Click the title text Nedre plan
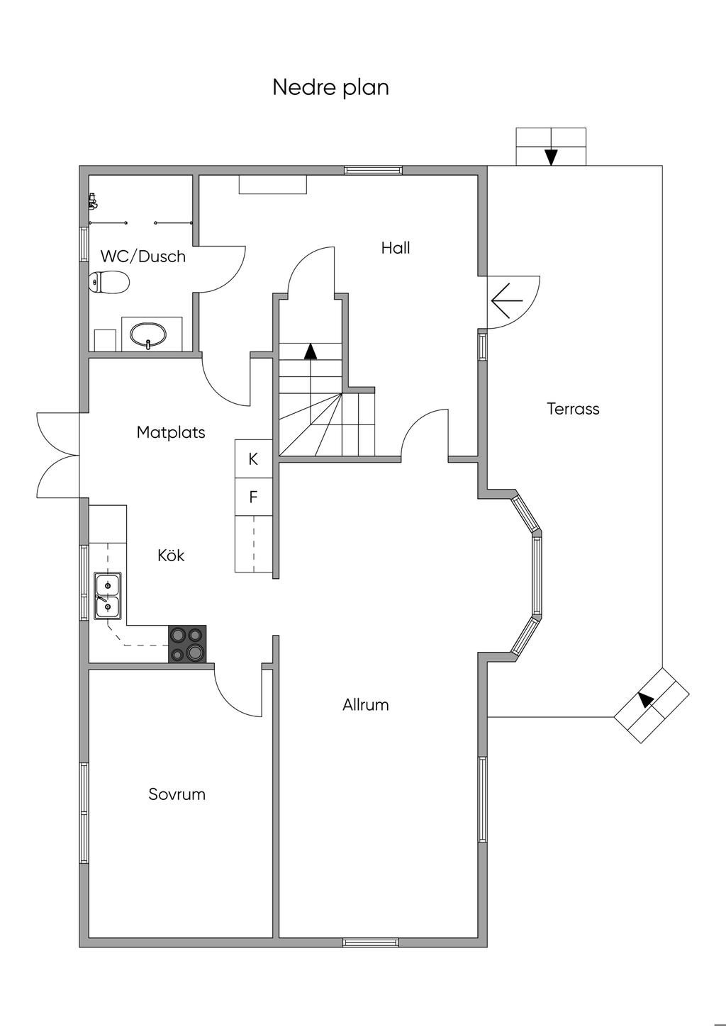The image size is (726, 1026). pyautogui.click(x=330, y=87)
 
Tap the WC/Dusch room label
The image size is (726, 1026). pyautogui.click(x=143, y=256)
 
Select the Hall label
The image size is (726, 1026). pyautogui.click(x=396, y=248)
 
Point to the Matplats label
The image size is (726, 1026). pyautogui.click(x=171, y=432)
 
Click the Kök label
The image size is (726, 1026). pyautogui.click(x=171, y=556)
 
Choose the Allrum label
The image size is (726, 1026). pyautogui.click(x=366, y=705)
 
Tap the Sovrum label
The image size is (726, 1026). pyautogui.click(x=177, y=794)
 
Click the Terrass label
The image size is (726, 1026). pyautogui.click(x=573, y=409)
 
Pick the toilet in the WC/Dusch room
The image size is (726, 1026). pyautogui.click(x=109, y=283)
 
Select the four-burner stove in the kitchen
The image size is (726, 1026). pyautogui.click(x=187, y=644)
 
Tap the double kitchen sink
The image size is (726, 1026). pyautogui.click(x=107, y=596)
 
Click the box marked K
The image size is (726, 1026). pyautogui.click(x=253, y=459)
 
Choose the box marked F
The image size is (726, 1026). pyautogui.click(x=253, y=497)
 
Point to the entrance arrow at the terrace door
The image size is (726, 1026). pyautogui.click(x=507, y=300)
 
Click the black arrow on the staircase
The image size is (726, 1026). pyautogui.click(x=310, y=351)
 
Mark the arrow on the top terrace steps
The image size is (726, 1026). pyautogui.click(x=551, y=157)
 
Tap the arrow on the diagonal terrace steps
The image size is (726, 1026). pyautogui.click(x=645, y=699)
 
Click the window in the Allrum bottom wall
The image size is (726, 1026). pyautogui.click(x=371, y=942)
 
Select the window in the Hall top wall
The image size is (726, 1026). pyautogui.click(x=373, y=170)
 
